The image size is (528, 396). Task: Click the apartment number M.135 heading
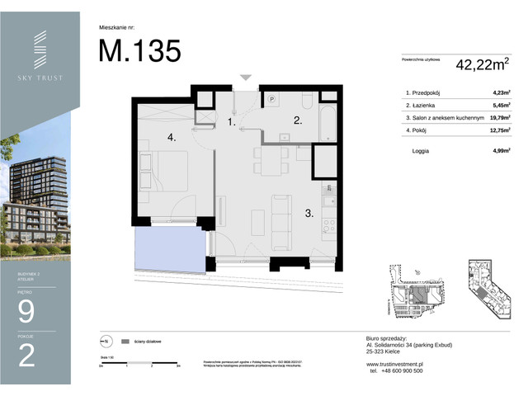tap(139, 50)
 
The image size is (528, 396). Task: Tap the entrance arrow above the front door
tap(244, 78)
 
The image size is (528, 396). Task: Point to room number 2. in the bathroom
tap(299, 120)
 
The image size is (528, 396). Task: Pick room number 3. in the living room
tap(308, 213)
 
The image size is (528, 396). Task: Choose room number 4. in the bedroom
tap(172, 138)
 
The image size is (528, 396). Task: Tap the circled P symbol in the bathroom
tap(271, 98)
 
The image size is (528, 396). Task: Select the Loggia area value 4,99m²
tap(498, 151)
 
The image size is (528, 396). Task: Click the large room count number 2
tap(26, 356)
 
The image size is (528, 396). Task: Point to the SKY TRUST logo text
tap(40, 78)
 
